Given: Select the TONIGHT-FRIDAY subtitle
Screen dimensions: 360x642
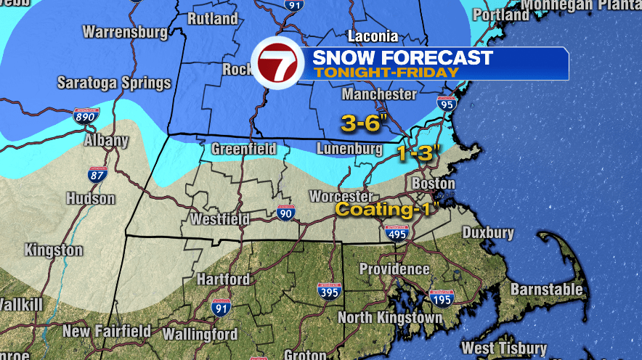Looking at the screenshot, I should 386,73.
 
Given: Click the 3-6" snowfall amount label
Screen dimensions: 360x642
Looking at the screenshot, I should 365,124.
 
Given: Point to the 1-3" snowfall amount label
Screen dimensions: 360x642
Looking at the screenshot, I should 419,153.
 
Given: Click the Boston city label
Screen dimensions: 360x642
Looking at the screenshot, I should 433,184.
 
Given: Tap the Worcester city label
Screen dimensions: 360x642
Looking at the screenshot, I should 341,197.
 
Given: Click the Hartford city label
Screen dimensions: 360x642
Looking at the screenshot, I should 223,279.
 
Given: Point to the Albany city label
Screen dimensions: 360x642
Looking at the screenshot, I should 101,140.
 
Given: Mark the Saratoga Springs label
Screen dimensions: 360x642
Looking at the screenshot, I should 114,82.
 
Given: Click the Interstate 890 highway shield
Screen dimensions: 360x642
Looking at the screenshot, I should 85,115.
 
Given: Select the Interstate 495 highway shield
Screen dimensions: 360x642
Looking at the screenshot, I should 397,232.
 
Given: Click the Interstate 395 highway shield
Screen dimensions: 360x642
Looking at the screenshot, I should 330,290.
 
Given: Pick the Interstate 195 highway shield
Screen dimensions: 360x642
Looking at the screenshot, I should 442,297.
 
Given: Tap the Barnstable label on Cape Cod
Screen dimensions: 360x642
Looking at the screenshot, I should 546,289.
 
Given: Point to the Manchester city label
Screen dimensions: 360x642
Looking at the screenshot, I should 379,94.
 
